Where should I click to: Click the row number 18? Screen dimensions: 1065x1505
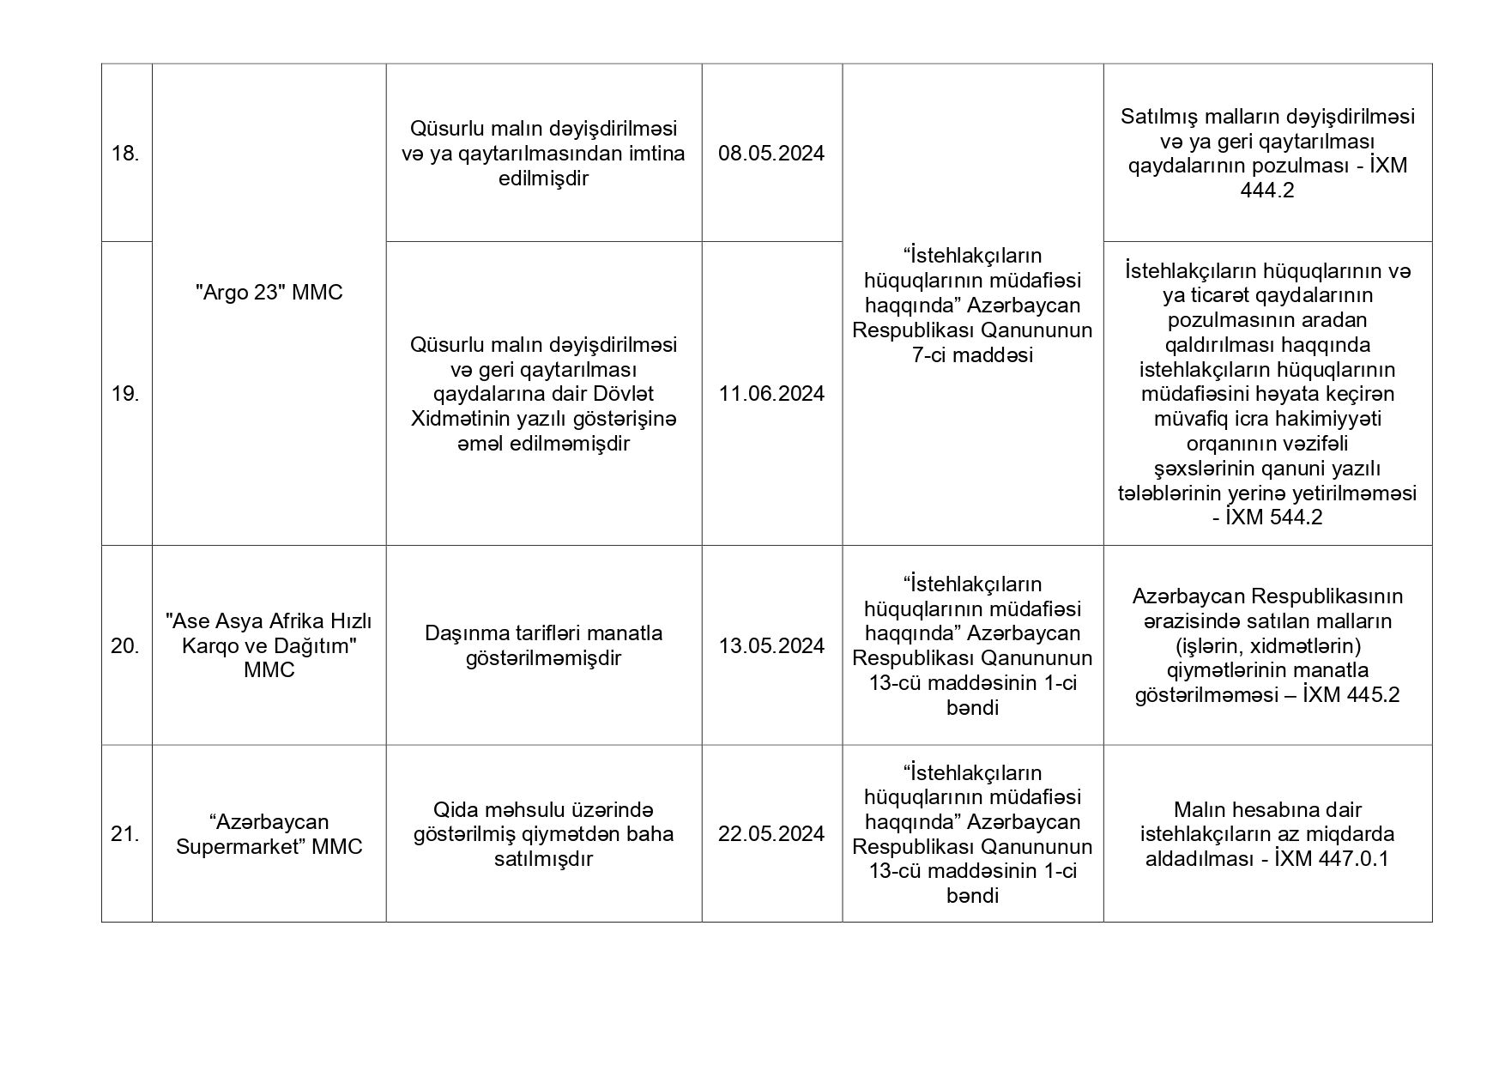click(125, 154)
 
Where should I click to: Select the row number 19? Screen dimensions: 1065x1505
click(125, 394)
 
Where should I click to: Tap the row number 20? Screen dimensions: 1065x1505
click(125, 646)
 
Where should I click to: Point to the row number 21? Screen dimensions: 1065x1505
click(125, 834)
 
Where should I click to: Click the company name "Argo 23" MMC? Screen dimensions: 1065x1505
click(269, 293)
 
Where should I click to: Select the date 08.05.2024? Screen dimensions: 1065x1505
click(771, 154)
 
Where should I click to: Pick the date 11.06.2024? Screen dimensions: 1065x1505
click(771, 394)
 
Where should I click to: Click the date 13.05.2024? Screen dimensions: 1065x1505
click(771, 646)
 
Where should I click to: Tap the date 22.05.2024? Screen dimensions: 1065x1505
click(771, 834)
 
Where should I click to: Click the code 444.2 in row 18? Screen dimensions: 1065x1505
click(1266, 191)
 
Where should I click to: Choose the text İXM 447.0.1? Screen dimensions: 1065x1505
click(1332, 859)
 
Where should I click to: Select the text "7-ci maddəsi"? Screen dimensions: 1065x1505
click(972, 355)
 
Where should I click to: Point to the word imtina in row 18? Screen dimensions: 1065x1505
click(656, 154)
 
